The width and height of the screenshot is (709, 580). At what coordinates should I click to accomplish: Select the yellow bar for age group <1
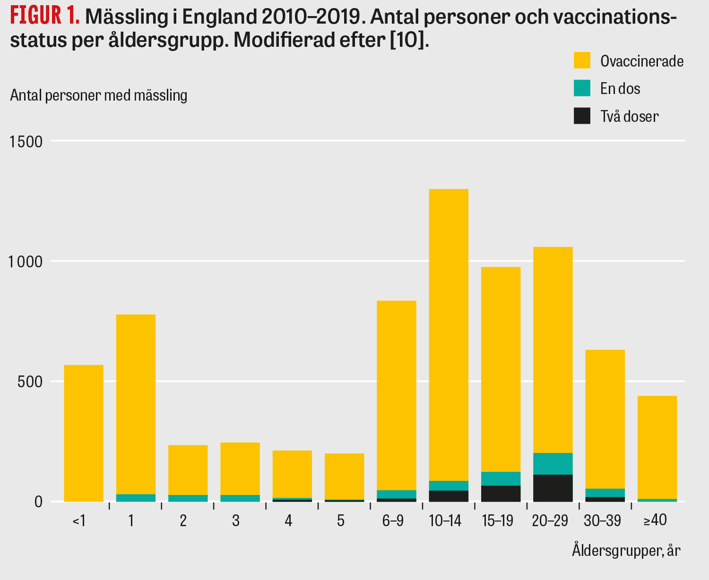(84, 432)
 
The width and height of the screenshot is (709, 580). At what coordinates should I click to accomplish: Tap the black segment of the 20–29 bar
(553, 488)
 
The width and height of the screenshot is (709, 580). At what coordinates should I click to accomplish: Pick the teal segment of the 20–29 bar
(553, 463)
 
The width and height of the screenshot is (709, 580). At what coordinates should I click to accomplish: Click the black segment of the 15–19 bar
(501, 494)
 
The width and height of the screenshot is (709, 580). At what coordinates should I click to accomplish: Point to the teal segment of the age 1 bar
(136, 498)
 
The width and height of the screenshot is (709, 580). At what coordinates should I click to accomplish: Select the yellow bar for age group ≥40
(657, 446)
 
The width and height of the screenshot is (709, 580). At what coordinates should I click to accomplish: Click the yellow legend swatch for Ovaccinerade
(582, 60)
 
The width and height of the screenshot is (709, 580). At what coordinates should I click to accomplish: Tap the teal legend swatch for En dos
(582, 88)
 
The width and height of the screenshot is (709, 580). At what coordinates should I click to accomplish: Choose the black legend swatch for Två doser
(582, 116)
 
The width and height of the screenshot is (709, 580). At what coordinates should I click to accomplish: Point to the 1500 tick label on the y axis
(26, 141)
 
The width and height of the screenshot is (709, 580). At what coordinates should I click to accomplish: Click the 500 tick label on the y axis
(30, 381)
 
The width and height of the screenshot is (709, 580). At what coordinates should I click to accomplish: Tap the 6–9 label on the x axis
(393, 521)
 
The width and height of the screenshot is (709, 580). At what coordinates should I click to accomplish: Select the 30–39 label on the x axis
(602, 521)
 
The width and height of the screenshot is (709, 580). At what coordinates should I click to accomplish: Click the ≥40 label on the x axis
(655, 520)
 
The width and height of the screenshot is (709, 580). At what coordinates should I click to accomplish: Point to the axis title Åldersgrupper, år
(626, 550)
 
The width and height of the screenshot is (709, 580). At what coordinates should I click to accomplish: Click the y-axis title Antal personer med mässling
(99, 95)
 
